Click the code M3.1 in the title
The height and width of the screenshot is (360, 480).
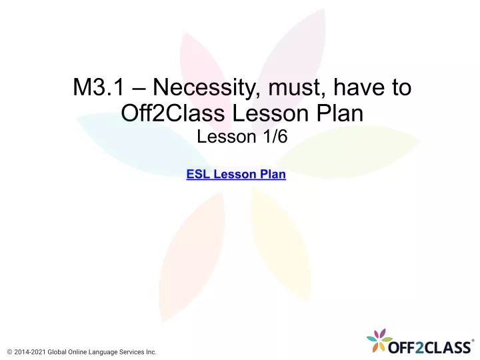click(x=99, y=87)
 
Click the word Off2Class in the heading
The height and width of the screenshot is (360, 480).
click(x=173, y=113)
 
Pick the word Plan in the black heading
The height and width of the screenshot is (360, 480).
click(x=339, y=113)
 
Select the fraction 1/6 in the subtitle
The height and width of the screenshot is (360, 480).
click(x=275, y=137)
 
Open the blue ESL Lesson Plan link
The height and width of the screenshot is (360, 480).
click(x=236, y=174)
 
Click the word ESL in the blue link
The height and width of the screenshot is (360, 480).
click(x=198, y=174)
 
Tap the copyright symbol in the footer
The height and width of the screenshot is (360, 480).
click(x=10, y=352)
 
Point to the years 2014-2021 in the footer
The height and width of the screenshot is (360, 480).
click(x=30, y=352)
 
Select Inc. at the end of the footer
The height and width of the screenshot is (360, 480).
click(x=151, y=352)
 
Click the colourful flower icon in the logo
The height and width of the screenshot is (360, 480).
click(x=379, y=340)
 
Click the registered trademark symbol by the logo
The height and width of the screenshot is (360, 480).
click(x=473, y=341)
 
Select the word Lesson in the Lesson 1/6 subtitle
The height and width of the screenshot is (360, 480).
click(x=226, y=137)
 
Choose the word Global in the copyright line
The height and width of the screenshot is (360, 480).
click(x=57, y=352)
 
